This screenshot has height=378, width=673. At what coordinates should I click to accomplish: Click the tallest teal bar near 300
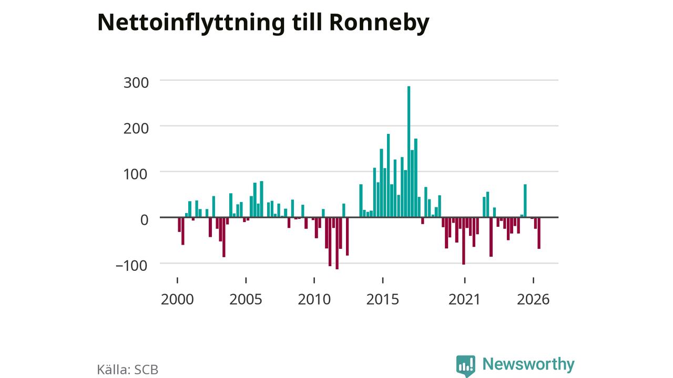[409, 152]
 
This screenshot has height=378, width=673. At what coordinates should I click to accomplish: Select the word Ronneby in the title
[379, 23]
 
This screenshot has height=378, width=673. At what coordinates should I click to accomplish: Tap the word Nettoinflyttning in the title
[191, 23]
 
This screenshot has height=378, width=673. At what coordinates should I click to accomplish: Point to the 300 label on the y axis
[136, 82]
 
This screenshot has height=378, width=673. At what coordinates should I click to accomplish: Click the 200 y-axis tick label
[136, 129]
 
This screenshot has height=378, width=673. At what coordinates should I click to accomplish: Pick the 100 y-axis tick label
[136, 174]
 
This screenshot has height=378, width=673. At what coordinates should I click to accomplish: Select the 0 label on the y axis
[144, 220]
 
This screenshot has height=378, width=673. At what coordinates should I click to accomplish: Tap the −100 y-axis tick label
[131, 266]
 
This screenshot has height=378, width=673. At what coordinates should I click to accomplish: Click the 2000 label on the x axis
[177, 299]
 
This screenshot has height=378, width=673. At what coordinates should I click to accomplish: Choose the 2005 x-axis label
[246, 299]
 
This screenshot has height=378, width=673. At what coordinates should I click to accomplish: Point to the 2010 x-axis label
[314, 299]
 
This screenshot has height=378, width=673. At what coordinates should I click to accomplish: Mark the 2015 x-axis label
[383, 299]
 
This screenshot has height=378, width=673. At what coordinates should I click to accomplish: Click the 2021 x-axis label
[464, 299]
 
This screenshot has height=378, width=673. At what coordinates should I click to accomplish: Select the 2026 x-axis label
[533, 299]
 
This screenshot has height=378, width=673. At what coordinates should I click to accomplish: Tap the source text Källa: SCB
[128, 370]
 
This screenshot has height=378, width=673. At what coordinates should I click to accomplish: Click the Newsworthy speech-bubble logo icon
[466, 366]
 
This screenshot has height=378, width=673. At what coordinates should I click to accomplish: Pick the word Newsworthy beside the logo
[528, 364]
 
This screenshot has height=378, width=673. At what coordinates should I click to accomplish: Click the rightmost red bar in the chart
[539, 233]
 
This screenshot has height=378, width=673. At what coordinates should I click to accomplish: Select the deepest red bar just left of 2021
[464, 241]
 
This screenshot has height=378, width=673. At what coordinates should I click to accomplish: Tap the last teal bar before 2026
[525, 201]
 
